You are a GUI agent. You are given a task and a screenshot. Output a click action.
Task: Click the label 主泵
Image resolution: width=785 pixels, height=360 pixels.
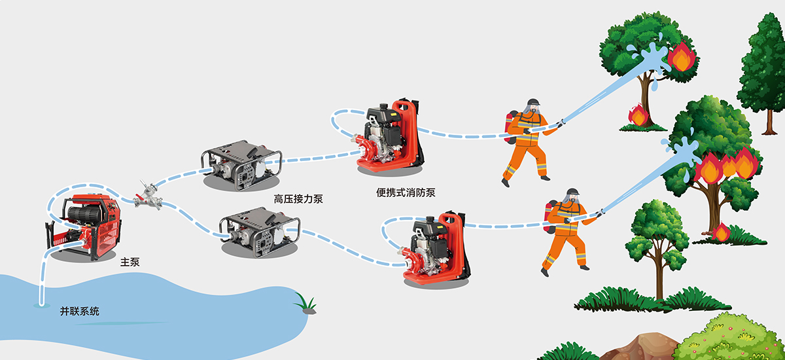[130, 262]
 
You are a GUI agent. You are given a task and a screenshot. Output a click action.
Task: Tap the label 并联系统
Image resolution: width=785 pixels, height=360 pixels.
[80, 311]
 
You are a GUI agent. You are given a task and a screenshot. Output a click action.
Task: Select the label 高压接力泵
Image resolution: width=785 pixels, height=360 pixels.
[298, 199]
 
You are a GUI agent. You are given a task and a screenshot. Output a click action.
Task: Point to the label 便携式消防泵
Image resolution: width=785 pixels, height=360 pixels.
[406, 192]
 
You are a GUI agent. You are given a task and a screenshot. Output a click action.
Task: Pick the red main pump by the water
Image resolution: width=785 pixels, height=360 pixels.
[84, 227]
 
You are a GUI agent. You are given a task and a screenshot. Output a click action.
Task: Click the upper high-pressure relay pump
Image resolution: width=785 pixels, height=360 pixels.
[242, 164]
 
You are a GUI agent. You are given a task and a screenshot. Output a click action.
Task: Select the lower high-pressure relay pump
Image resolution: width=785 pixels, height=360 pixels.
[260, 231]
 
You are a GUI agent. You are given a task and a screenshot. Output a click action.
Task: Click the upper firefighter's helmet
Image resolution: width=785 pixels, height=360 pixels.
[533, 102]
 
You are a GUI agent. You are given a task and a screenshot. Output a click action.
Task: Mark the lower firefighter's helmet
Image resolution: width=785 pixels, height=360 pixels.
[572, 192]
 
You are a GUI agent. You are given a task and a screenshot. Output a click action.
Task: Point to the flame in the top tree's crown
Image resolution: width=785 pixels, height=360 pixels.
[682, 56]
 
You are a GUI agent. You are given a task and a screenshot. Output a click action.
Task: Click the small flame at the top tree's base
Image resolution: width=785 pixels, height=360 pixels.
[638, 115]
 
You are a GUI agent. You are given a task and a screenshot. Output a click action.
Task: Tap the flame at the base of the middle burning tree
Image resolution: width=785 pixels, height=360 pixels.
[721, 232]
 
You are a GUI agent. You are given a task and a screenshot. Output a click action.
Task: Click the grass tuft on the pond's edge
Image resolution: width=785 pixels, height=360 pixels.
[307, 304]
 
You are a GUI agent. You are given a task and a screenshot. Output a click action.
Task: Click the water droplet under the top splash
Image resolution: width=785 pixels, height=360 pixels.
[654, 84]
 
